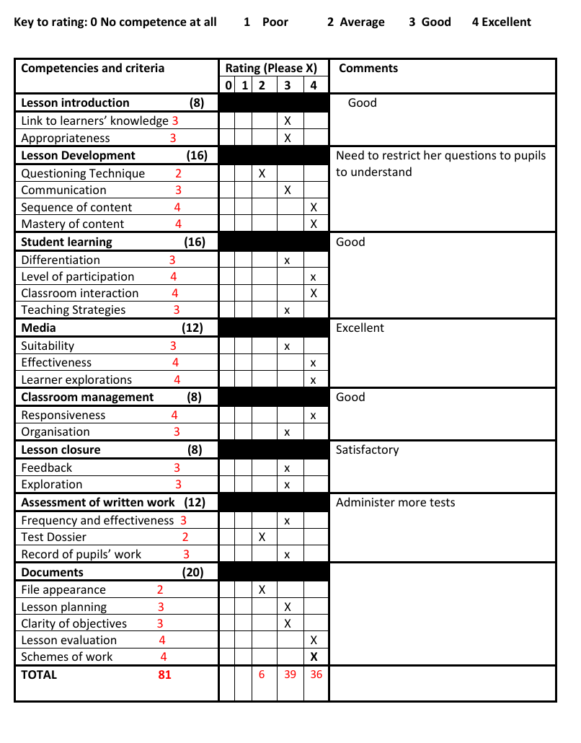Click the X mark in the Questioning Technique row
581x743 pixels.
click(262, 174)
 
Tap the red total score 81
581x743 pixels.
click(164, 675)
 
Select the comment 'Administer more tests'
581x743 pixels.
click(395, 503)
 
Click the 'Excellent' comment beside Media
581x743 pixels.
click(360, 328)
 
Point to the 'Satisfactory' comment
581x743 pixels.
click(367, 450)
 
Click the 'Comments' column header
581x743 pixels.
click(368, 69)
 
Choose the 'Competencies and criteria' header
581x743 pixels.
click(92, 69)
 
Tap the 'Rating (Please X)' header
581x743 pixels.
click(271, 69)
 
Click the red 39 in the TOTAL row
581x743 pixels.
click(290, 675)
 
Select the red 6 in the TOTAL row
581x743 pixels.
click(262, 675)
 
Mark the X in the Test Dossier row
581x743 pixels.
click(262, 537)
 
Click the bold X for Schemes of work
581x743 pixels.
click(314, 657)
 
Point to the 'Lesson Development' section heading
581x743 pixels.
click(78, 156)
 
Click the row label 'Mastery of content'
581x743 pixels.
click(72, 224)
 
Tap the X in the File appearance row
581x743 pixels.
click(262, 590)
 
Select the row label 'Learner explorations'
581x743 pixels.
click(76, 380)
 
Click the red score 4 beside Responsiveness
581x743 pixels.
click(174, 416)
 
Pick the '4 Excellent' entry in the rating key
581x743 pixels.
click(501, 22)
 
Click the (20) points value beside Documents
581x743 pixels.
click(193, 573)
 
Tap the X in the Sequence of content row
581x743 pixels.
click(314, 208)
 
